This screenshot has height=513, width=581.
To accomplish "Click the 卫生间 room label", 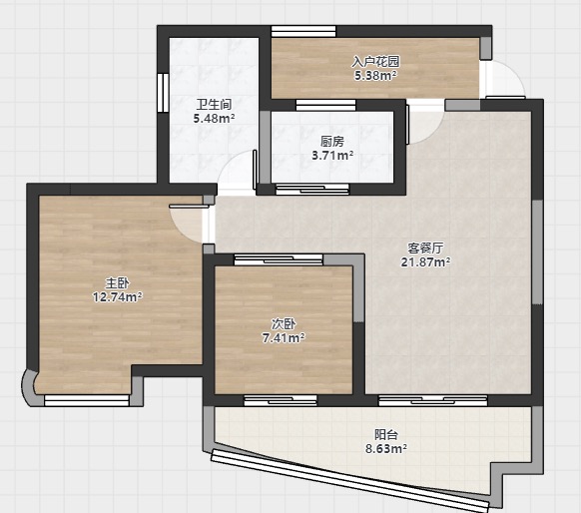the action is tap(214, 105).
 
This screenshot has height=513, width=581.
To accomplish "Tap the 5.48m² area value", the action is tap(214, 119).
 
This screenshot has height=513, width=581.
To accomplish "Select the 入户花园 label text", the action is tap(375, 62).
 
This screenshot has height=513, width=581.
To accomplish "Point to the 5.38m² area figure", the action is tap(375, 76).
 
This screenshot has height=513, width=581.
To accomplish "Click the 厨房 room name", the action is tap(332, 142).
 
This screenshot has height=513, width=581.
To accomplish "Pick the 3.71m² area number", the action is tap(332, 155).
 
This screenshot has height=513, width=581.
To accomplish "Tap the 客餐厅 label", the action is tap(425, 248).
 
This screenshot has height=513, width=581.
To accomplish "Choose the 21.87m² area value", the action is tap(425, 261).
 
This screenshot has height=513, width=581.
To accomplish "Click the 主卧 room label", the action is tap(117, 283).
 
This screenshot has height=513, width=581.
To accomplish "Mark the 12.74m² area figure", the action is tap(117, 297).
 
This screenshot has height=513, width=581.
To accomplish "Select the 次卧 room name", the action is tap(284, 324).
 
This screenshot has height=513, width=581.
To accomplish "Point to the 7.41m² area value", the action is tap(284, 338).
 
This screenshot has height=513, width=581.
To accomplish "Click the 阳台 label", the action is tap(386, 434).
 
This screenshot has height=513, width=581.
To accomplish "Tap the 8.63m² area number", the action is tap(386, 448).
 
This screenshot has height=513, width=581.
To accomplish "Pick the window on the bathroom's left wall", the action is tap(163, 93).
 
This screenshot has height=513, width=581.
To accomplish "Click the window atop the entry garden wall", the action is tap(303, 31).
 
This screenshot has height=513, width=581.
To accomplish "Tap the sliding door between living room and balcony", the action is tap(433, 400).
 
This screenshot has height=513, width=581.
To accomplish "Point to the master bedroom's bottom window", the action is tap(86, 400).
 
